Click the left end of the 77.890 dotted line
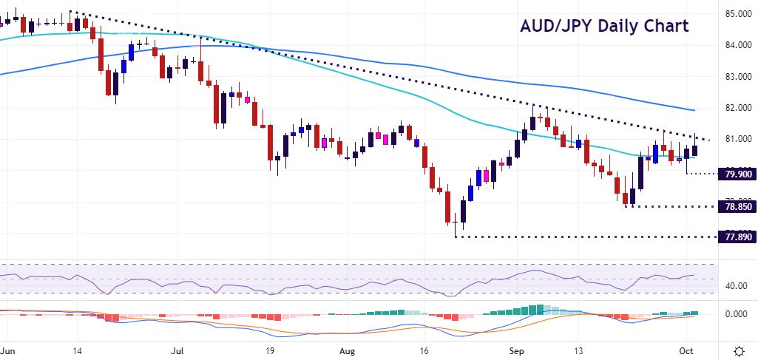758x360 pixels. point(456,237)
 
